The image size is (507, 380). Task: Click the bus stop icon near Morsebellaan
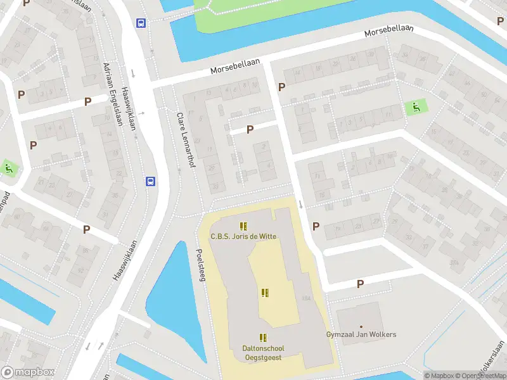[141, 23]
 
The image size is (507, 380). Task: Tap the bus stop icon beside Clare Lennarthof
[151, 181]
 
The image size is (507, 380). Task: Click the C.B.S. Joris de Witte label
[243, 237]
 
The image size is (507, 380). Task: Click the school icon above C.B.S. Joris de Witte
[243, 225]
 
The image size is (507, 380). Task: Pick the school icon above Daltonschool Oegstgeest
[263, 338]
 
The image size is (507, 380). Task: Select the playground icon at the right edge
[416, 107]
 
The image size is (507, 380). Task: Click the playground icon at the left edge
[8, 168]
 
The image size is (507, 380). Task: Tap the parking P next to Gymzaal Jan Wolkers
[360, 284]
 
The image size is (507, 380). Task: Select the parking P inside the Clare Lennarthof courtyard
[250, 129]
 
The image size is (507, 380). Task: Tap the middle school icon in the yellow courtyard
[264, 293]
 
